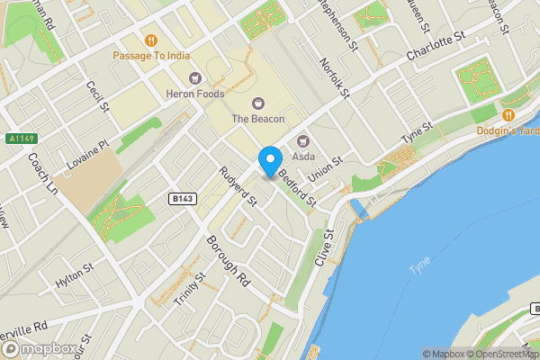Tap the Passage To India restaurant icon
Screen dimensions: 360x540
point(151,40)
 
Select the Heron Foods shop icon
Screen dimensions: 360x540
point(194,78)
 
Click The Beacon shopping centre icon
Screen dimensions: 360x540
point(258,103)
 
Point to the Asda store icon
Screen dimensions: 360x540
point(302,141)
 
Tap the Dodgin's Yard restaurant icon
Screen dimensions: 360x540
point(508,115)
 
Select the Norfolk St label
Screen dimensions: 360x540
point(334,76)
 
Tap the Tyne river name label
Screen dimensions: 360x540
point(420,269)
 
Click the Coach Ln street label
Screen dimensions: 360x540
point(42,175)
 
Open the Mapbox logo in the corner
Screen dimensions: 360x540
point(36,348)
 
